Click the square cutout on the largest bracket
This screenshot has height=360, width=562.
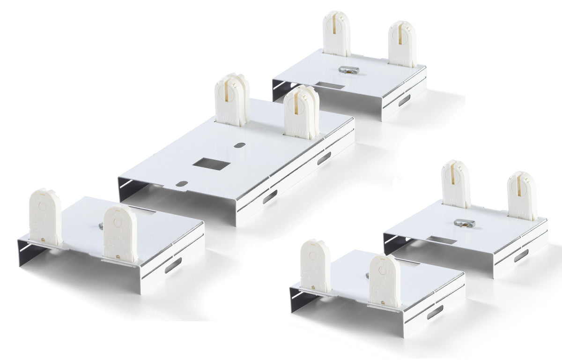tap(212, 165)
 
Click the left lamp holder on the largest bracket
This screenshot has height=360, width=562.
tap(232, 100)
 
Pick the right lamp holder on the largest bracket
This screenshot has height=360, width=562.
tap(302, 112)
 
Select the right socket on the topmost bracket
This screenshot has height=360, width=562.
tap(402, 44)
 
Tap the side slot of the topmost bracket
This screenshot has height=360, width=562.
tap(404, 100)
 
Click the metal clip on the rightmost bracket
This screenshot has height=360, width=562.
tap(465, 223)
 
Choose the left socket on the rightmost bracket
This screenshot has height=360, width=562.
tap(456, 184)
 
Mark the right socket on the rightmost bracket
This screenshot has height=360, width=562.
tap(522, 195)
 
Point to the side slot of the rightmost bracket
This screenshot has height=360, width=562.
tap(521, 255)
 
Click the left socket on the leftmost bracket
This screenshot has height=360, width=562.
tap(45, 217)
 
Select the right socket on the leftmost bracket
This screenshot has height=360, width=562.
tap(119, 233)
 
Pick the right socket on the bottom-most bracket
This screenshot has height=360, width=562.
tap(385, 280)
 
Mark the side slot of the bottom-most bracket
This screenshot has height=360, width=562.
tap(435, 312)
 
